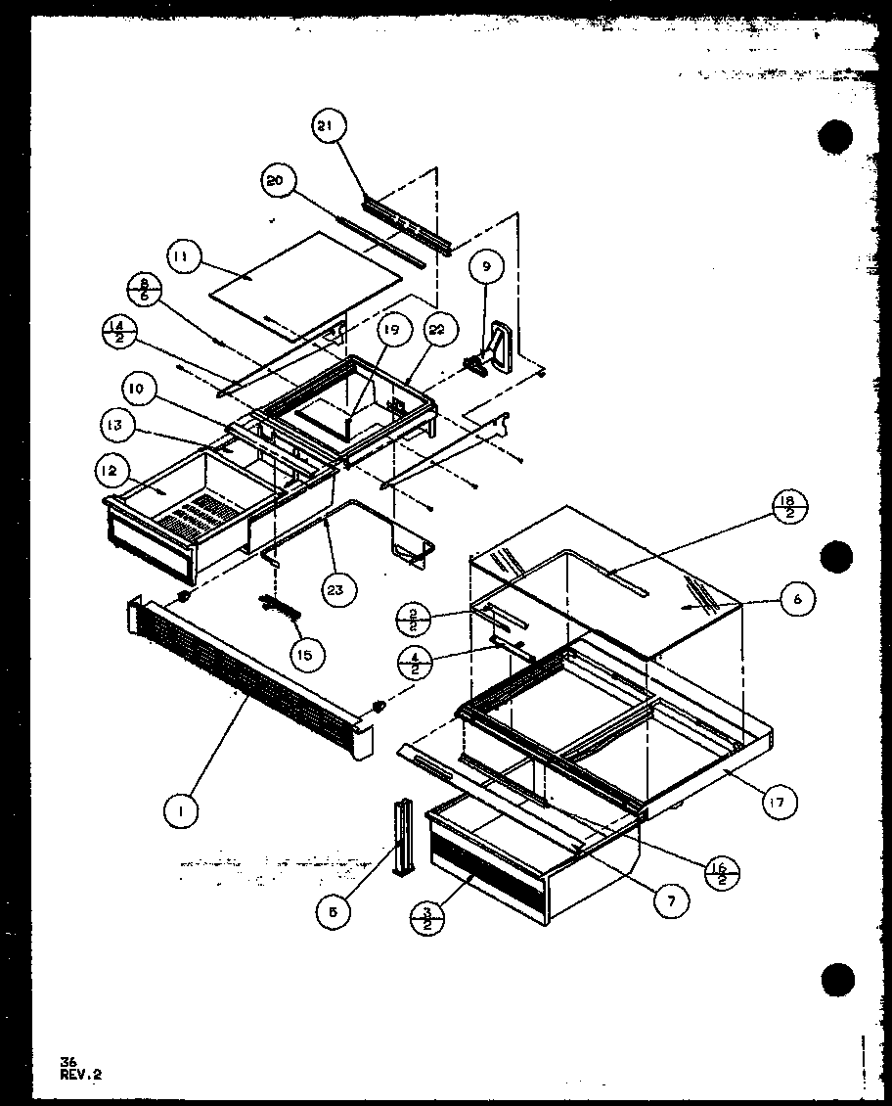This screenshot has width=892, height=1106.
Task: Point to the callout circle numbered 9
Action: point(486,265)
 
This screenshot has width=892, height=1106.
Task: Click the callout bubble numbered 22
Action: point(436,330)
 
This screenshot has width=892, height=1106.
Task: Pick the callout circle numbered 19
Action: point(391,330)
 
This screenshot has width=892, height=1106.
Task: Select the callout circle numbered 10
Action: point(137,389)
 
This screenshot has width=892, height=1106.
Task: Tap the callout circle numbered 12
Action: point(109,471)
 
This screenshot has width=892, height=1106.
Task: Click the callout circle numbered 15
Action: point(304,654)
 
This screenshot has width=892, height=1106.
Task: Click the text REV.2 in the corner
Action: point(80,1074)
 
